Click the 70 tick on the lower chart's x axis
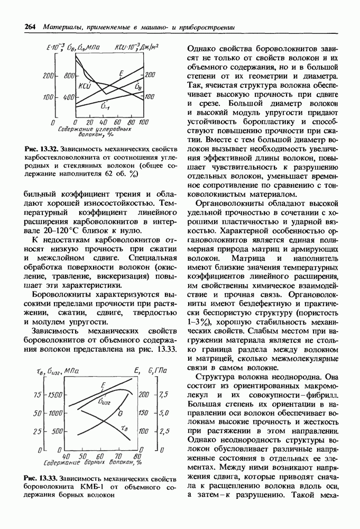119,455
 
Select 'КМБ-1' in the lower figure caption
89,487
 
